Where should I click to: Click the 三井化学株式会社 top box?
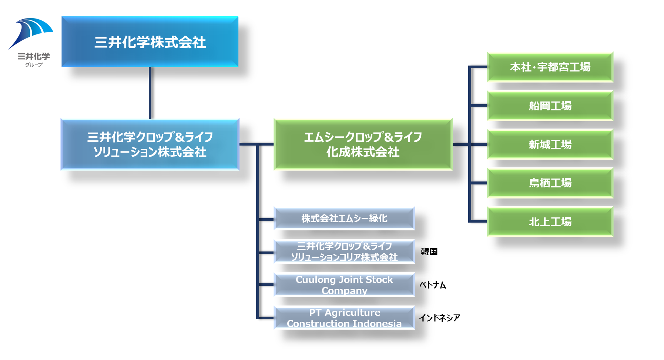(150, 41)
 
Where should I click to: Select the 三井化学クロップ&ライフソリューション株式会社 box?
(150, 144)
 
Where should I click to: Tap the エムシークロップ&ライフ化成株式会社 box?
(363, 144)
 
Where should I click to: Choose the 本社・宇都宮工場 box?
(550, 67)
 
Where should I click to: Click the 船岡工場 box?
(550, 106)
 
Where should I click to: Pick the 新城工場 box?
(550, 144)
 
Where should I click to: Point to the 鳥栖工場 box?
(550, 183)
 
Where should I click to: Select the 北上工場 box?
(550, 221)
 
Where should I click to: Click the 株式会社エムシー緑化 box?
(344, 219)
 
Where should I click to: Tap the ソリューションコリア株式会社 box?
(344, 251)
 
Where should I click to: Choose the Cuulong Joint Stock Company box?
(344, 285)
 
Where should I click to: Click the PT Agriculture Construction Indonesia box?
(344, 318)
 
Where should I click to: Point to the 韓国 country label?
(429, 252)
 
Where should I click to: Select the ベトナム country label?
(433, 285)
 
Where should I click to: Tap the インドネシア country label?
(440, 318)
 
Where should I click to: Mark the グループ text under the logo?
(34, 65)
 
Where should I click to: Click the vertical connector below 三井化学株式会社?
(150, 93)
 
